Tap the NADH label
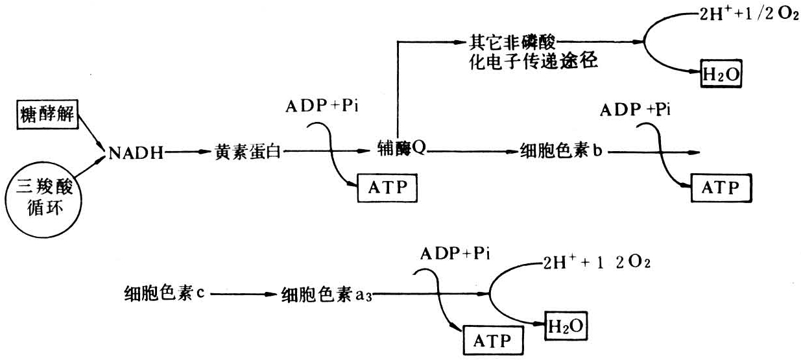tap(136, 154)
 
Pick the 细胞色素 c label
tap(165, 293)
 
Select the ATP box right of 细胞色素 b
tap(720, 187)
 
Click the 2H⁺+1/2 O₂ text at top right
tap(750, 15)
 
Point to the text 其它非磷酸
tap(513, 43)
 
